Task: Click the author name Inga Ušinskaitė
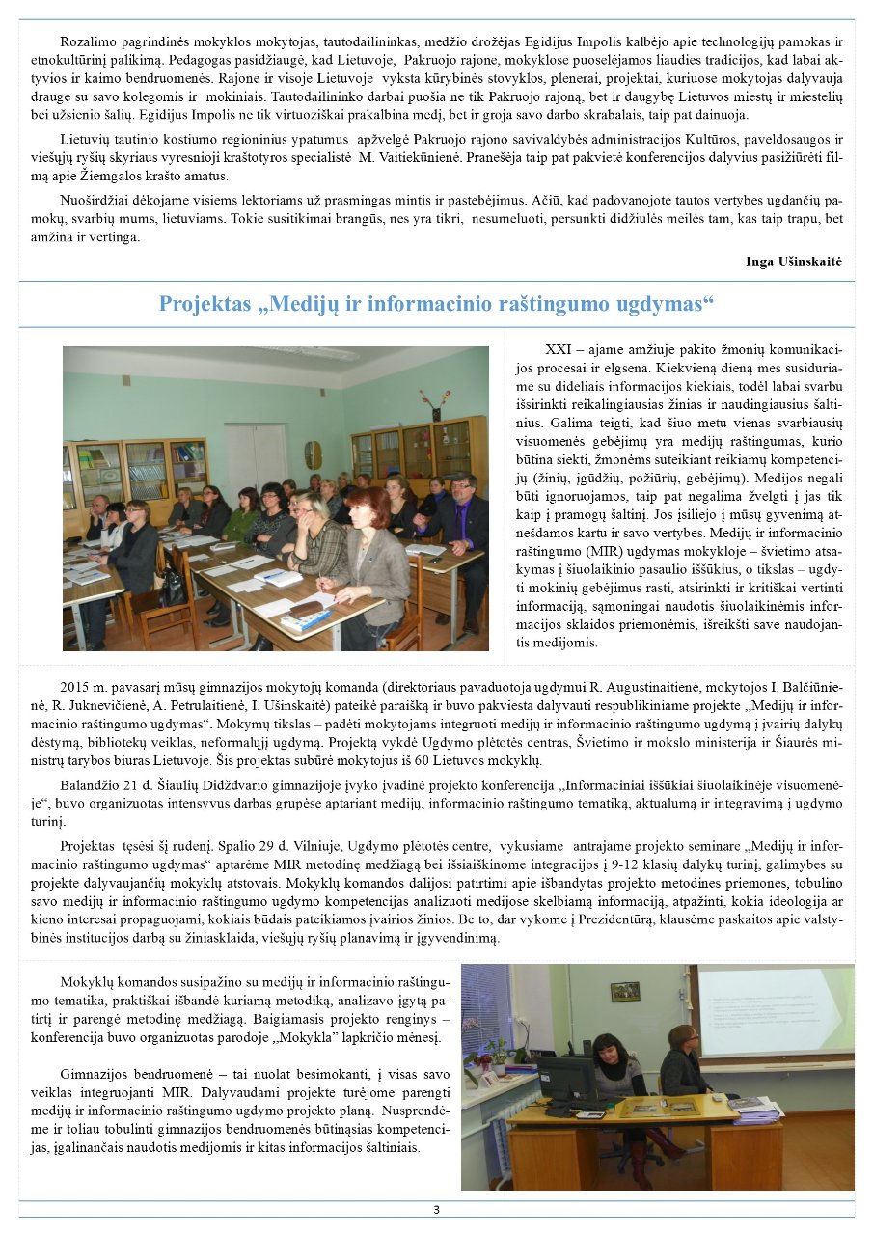794,261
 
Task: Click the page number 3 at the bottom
436,1210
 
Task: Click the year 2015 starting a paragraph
75,687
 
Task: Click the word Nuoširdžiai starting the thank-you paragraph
95,202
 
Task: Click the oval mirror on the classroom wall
313,454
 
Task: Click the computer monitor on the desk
565,1079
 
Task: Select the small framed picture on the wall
624,991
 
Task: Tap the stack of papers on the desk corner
753,1111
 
